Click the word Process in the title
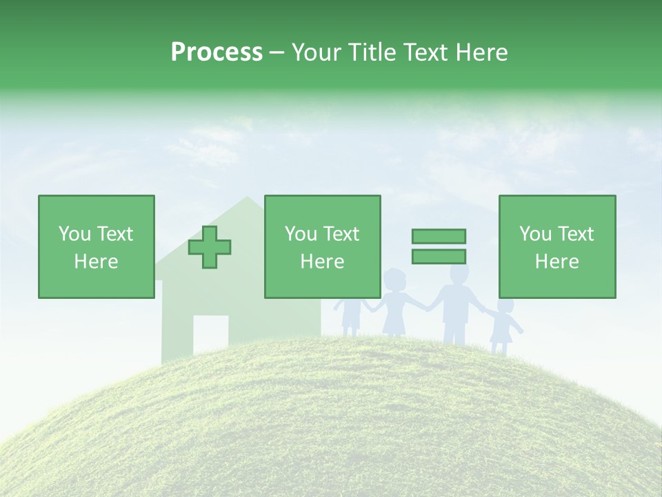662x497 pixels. pyautogui.click(x=217, y=52)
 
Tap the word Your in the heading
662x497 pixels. pyautogui.click(x=316, y=52)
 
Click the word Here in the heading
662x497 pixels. pyautogui.click(x=483, y=52)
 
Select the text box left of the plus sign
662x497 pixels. pyautogui.click(x=97, y=246)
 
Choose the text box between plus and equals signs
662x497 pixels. pyautogui.click(x=322, y=246)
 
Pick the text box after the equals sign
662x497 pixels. pyautogui.click(x=557, y=246)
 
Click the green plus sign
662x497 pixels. pyautogui.click(x=210, y=247)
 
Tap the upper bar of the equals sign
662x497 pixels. pyautogui.click(x=439, y=236)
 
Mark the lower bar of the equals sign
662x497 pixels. pyautogui.click(x=439, y=256)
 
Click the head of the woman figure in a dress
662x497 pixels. pyautogui.click(x=394, y=281)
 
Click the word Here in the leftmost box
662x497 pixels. pyautogui.click(x=97, y=261)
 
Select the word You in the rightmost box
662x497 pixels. pyautogui.click(x=534, y=234)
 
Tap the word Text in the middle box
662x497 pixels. pyautogui.click(x=341, y=234)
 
